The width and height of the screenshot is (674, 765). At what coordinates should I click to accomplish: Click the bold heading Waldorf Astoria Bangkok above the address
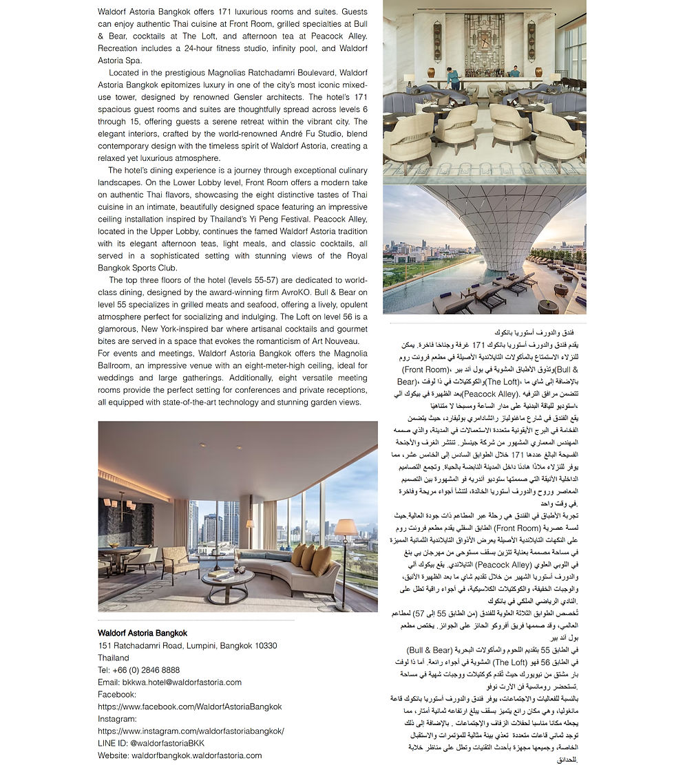pyautogui.click(x=142, y=633)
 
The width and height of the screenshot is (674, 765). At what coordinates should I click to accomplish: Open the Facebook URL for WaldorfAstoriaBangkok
pyautogui.click(x=189, y=707)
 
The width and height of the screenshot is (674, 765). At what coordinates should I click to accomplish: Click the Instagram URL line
pyautogui.click(x=191, y=731)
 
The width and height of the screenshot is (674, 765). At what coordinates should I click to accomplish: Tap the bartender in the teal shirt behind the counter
pyautogui.click(x=514, y=72)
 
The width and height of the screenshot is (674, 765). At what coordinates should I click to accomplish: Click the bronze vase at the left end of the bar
pyautogui.click(x=432, y=72)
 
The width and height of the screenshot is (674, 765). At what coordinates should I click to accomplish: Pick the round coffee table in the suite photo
pyautogui.click(x=228, y=580)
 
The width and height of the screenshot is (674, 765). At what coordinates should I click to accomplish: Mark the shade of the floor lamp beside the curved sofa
pyautogui.click(x=346, y=527)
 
